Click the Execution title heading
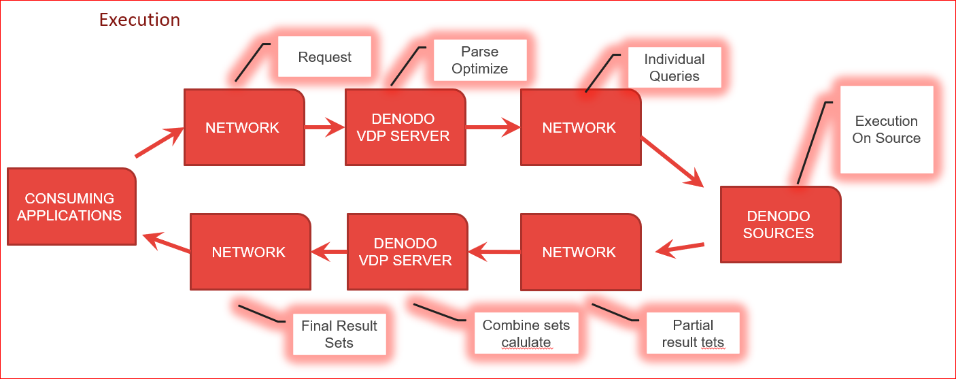(x=139, y=20)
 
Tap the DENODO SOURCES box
(x=780, y=224)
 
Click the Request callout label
(x=324, y=57)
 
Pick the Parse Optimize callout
(x=479, y=61)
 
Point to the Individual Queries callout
(x=674, y=67)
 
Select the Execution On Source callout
(x=886, y=129)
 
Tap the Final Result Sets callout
(x=339, y=334)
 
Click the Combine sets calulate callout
(x=526, y=333)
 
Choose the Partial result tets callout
(x=692, y=333)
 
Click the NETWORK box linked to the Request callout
(x=243, y=127)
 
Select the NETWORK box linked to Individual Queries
(x=580, y=127)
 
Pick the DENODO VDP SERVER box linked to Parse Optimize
(x=405, y=127)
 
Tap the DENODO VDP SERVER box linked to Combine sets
(x=407, y=252)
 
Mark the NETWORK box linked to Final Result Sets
(x=250, y=252)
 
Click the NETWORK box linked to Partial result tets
(x=580, y=252)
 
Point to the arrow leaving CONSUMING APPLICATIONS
(x=159, y=144)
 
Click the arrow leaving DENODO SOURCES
(x=680, y=248)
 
